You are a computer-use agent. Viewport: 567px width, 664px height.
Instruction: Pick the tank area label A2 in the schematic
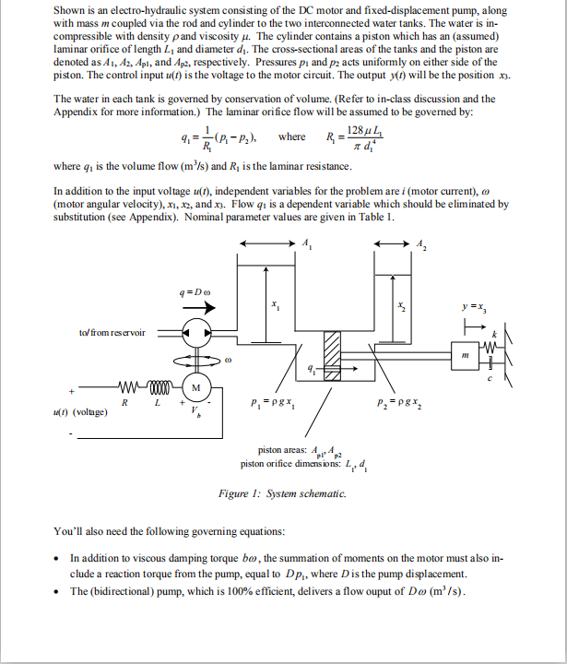point(421,243)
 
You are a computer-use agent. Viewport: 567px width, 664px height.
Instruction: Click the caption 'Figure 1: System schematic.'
point(282,494)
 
